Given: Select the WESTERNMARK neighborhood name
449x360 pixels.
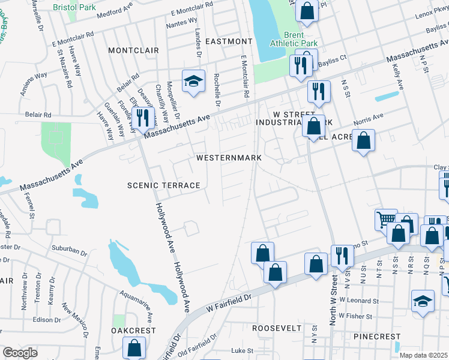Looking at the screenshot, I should coord(229,157).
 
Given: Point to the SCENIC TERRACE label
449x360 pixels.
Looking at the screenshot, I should coord(163,185).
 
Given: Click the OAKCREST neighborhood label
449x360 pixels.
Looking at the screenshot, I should coord(133,331).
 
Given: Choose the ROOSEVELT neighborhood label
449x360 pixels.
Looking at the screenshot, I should coord(276,328).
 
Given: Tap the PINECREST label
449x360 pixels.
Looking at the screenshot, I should coord(372,337).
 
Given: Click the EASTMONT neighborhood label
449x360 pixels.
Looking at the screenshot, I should coord(229,41).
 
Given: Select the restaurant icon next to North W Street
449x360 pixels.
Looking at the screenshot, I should coord(342,255).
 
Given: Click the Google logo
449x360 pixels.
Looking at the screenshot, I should coord(20,353).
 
